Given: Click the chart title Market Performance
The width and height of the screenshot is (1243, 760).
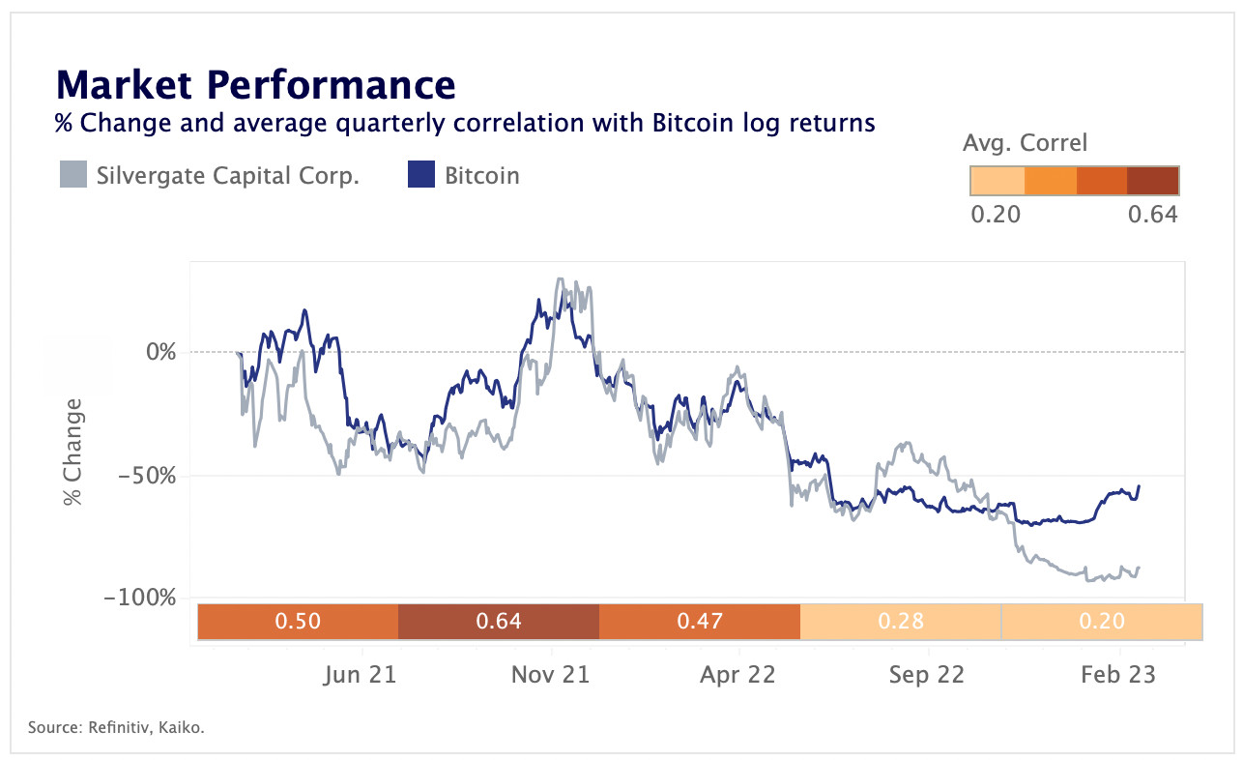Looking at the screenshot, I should coord(256,85).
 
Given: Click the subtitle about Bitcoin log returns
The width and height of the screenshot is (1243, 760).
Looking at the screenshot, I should coord(465,124).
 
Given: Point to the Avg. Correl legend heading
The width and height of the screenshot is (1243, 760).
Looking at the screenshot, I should coord(1025,144).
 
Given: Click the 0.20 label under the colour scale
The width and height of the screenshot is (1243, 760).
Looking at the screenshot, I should coord(996,214).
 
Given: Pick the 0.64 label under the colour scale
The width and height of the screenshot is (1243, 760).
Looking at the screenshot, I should coord(1152,214).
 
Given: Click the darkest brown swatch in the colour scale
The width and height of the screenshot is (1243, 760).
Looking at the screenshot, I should coord(1152,181).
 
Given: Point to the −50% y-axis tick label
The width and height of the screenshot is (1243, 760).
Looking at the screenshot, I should coord(148,475).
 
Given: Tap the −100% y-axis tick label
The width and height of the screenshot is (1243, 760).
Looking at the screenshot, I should coord(142,598).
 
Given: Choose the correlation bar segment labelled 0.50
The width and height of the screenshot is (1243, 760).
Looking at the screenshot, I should coord(298,621).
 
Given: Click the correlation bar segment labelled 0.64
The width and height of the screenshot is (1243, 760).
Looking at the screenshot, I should coord(499,621).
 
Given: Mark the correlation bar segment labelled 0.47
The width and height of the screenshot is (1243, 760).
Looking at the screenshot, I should coord(700,621).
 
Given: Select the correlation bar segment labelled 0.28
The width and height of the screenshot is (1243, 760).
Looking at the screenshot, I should coord(901,621).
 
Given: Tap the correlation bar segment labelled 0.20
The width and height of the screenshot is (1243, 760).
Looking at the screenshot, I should coord(1102,621).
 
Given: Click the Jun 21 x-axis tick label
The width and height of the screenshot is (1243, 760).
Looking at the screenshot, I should coord(360,675).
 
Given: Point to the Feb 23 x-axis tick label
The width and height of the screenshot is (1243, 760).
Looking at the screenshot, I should coord(1118,675).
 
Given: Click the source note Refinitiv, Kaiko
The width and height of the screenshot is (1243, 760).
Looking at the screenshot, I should coord(116,727).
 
